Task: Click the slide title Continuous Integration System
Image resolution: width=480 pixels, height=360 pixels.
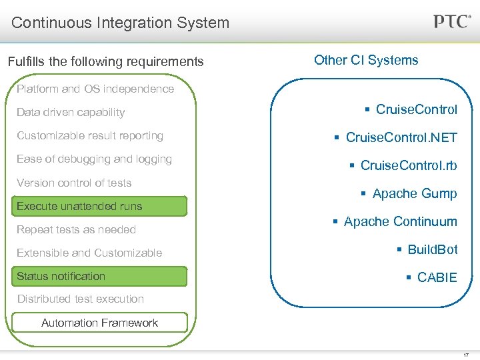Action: [120, 23]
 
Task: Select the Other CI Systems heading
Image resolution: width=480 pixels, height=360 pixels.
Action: [366, 61]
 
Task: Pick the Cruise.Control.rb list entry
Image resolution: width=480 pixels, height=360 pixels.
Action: [409, 165]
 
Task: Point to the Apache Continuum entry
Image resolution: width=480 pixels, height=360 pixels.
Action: [401, 222]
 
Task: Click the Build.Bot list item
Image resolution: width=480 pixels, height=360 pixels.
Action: [433, 250]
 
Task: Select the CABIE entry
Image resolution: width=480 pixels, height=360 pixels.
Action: [437, 277]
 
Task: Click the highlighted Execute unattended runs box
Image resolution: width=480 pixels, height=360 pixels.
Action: [100, 206]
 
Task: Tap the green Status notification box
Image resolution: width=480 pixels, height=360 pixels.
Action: [100, 276]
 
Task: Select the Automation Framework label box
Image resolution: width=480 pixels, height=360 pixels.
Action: [100, 323]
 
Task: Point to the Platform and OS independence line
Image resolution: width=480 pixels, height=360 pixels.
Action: [95, 89]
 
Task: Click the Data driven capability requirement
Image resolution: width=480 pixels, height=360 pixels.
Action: [71, 112]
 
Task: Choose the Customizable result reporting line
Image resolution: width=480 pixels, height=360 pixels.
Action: [90, 135]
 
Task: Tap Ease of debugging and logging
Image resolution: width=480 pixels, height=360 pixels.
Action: [94, 159]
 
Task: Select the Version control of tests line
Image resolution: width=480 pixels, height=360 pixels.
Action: [74, 183]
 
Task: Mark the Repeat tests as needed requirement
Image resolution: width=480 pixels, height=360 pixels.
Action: [76, 229]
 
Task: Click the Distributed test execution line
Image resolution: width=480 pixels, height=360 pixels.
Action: [80, 299]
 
